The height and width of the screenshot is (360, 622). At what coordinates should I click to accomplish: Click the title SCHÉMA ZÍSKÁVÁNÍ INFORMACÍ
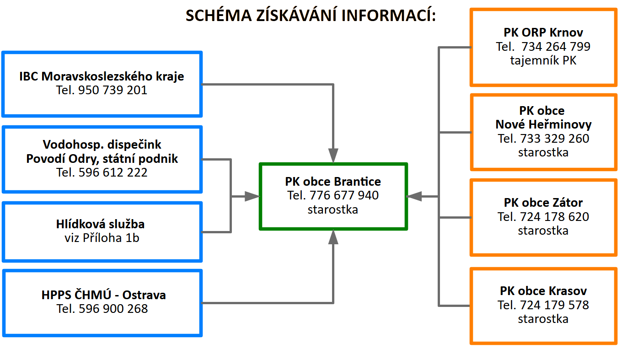[311, 15]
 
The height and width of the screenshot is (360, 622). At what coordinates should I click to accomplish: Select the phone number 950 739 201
[113, 90]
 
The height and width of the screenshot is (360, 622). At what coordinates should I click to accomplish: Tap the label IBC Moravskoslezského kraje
[102, 76]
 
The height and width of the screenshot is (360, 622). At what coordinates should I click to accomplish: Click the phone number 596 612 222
[113, 172]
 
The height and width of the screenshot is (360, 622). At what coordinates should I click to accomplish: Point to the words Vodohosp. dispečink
[102, 145]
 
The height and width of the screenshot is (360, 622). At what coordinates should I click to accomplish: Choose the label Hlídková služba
[100, 224]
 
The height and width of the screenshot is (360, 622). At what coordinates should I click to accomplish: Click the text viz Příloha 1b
[102, 238]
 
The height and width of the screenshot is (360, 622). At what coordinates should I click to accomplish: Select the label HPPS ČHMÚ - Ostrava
[103, 295]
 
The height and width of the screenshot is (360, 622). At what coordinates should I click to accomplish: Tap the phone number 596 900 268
[113, 309]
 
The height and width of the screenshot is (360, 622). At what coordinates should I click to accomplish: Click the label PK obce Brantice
[333, 182]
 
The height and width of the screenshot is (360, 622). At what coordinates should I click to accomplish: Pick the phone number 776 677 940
[344, 195]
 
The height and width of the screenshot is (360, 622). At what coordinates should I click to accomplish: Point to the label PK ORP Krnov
[543, 32]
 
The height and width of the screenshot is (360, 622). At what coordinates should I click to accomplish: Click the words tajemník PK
[543, 60]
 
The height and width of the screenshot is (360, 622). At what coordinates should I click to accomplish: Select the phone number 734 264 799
[556, 46]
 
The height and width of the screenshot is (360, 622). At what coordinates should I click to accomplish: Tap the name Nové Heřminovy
[543, 124]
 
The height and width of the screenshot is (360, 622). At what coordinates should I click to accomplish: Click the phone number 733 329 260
[554, 138]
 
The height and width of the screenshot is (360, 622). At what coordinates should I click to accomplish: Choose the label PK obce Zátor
[543, 203]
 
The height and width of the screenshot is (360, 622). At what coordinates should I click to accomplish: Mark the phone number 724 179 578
[554, 305]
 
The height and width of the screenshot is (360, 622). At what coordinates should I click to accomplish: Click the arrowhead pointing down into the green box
[333, 156]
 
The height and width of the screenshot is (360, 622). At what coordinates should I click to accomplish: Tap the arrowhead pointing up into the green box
[333, 237]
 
